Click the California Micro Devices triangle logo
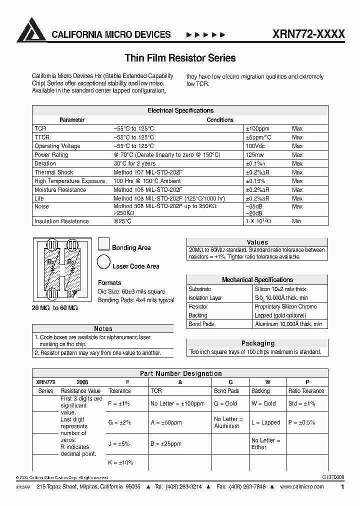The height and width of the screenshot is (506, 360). [31, 30]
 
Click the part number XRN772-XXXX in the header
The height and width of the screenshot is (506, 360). [308, 34]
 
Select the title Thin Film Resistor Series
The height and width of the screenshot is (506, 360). [180, 58]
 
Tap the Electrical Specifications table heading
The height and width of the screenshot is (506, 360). [180, 110]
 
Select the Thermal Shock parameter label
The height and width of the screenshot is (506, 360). [54, 172]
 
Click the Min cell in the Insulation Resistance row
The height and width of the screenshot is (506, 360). [297, 221]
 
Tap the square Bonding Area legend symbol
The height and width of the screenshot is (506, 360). [103, 244]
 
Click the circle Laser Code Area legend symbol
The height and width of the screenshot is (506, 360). [103, 261]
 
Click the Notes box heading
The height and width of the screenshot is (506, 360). [103, 328]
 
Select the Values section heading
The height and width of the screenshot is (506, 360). [257, 242]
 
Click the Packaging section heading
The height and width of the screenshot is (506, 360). [257, 343]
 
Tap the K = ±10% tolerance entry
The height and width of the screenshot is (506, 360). [120, 462]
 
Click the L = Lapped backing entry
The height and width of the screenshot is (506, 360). [265, 422]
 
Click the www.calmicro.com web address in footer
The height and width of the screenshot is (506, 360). [302, 487]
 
